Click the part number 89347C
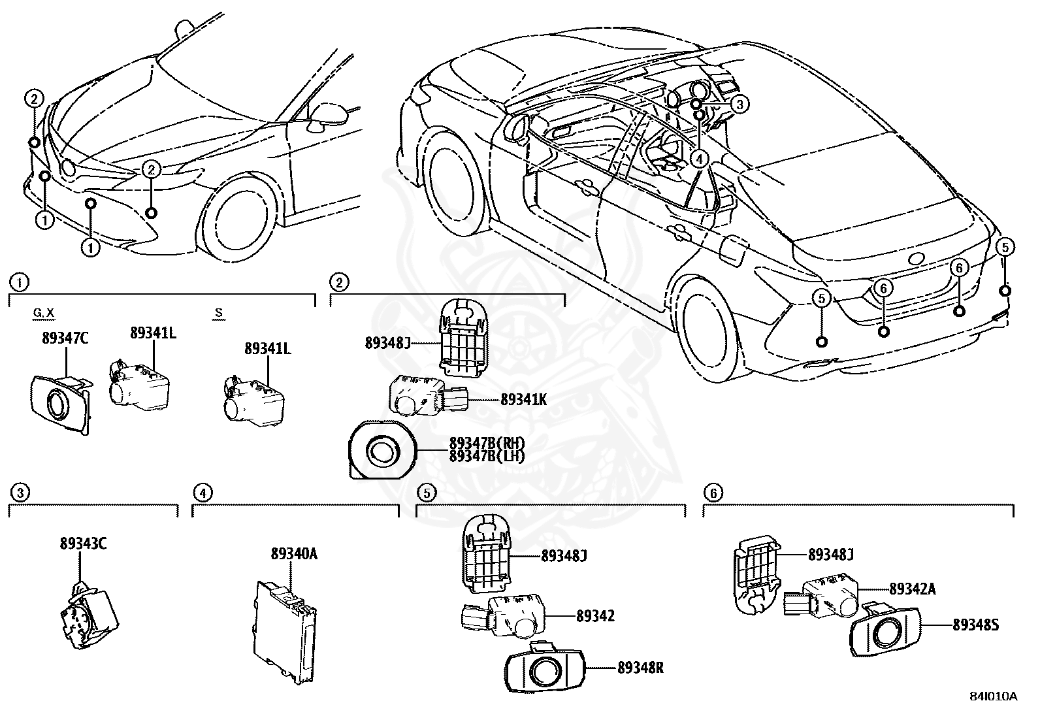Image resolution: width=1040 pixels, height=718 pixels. (x=64, y=338)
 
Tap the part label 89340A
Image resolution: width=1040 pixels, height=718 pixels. (x=294, y=555)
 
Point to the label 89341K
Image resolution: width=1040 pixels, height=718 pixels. (x=523, y=399)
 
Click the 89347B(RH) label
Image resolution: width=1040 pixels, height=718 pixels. (x=487, y=444)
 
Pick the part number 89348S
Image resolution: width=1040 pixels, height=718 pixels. (x=975, y=625)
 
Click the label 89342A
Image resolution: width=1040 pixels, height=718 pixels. (x=912, y=589)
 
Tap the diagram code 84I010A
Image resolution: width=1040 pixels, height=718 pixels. (x=994, y=696)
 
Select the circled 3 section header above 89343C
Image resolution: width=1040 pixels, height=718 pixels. (x=20, y=493)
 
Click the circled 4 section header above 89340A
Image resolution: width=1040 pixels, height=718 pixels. (x=203, y=493)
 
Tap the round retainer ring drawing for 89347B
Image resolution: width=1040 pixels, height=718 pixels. (x=382, y=451)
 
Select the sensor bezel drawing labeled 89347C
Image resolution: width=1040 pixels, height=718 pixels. (x=59, y=404)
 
